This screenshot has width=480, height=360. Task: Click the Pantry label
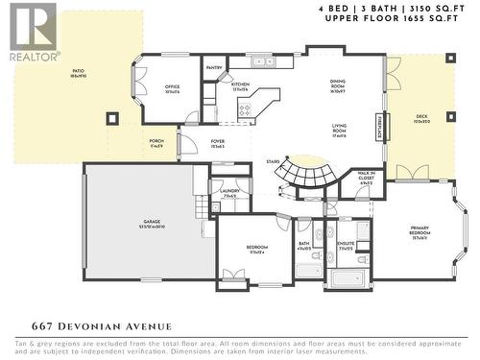click(x=214, y=68)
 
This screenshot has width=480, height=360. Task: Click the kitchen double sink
click(x=260, y=62)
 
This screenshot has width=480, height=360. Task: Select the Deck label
click(x=421, y=120)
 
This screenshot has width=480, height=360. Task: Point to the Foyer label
click(x=218, y=143)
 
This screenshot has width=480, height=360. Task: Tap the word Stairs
click(x=273, y=161)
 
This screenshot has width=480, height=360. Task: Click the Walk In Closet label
click(x=365, y=176)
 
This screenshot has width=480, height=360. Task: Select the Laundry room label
click(x=229, y=193)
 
